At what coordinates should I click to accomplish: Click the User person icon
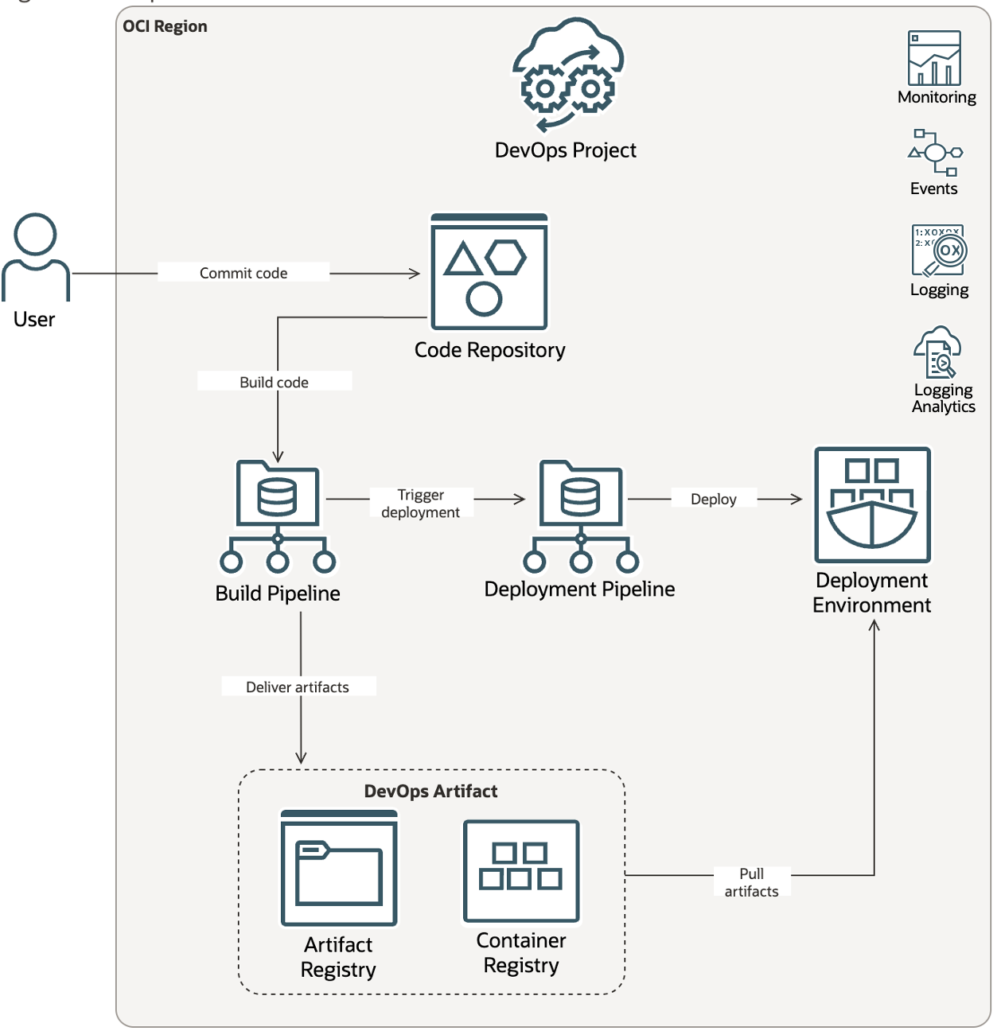36,256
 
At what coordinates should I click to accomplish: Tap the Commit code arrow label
243,273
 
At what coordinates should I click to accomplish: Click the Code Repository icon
489,272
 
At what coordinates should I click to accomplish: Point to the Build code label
274,382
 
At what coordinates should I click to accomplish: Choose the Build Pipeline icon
278,516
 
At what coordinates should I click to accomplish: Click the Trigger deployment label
421,504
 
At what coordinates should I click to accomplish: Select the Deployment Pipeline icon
581,516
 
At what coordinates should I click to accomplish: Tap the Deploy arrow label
713,499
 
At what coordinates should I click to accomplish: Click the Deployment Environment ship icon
872,505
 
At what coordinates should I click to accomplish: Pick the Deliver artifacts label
298,687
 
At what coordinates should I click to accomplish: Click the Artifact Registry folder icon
339,869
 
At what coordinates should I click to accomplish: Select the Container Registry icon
521,871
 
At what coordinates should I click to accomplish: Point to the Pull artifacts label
751,882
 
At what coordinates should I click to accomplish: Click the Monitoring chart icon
935,59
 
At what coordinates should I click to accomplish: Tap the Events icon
935,153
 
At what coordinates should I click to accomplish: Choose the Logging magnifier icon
939,251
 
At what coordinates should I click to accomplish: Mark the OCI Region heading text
165,26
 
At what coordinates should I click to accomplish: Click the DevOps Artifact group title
430,791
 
